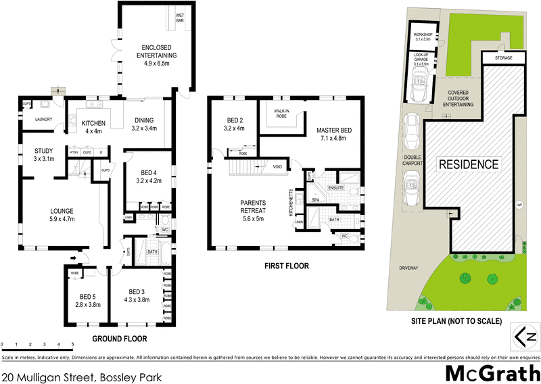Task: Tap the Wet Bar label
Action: pos(181,17)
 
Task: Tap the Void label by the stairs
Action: pos(278,166)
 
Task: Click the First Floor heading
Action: pos(286,266)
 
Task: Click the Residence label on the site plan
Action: pos(469,164)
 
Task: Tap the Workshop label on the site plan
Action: pos(423,37)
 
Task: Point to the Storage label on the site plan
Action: pos(503,59)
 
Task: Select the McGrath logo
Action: pos(492,373)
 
